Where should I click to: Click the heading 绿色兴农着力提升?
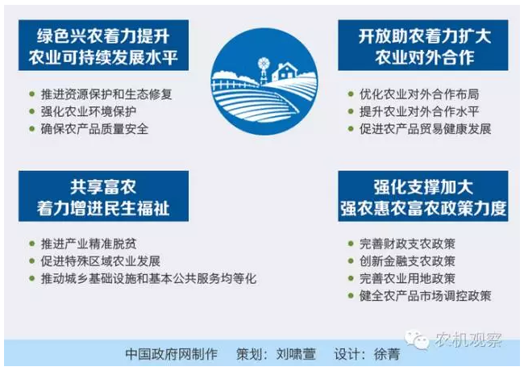(103, 35)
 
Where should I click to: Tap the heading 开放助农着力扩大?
(424, 35)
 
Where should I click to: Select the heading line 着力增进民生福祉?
(103, 208)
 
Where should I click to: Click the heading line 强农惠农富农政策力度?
(423, 208)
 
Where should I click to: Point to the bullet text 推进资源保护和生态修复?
(106, 94)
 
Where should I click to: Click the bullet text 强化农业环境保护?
(89, 111)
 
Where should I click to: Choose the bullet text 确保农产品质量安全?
(94, 129)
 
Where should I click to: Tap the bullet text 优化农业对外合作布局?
(419, 94)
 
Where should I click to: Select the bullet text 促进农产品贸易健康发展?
(425, 129)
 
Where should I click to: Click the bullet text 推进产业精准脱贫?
(89, 244)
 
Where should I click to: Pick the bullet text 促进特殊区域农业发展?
(101, 261)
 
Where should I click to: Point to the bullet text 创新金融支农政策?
(407, 261)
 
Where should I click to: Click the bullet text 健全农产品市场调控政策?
(425, 296)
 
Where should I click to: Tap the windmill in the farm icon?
(264, 69)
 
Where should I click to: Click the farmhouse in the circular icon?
(285, 72)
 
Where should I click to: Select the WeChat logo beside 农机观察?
(417, 340)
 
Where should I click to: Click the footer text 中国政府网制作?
(172, 354)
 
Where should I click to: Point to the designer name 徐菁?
(387, 354)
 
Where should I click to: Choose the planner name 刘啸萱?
(296, 354)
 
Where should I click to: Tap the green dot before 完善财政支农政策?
(351, 244)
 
